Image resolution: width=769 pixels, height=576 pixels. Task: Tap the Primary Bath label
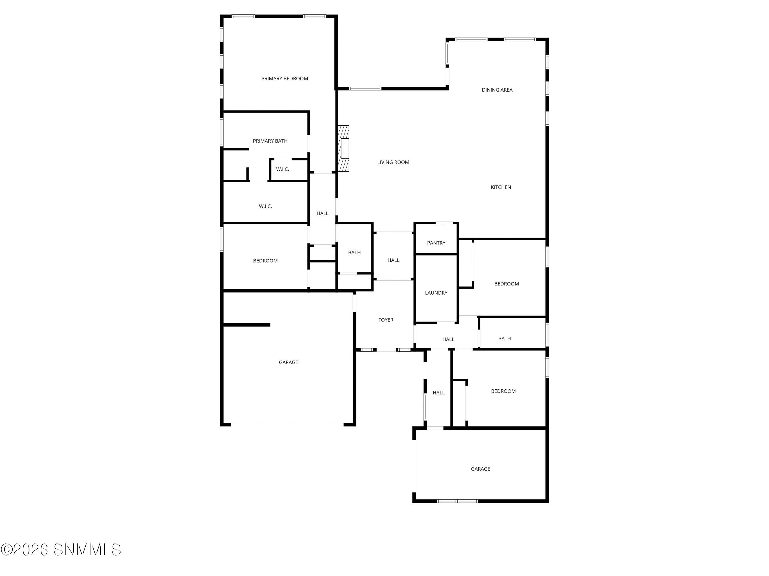270,141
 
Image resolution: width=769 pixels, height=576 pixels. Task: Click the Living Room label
393,162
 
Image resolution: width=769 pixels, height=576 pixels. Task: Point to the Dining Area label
497,90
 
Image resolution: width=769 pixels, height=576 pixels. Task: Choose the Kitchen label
501,187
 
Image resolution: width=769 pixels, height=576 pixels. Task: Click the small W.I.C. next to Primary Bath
283,169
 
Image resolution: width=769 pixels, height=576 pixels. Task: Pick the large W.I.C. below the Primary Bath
265,206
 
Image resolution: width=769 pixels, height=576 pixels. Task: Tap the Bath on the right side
504,338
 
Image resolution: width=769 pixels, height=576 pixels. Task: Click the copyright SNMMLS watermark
61,550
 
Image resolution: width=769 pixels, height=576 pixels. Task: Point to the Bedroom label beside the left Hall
265,261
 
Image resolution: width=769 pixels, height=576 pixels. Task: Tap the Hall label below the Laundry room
448,340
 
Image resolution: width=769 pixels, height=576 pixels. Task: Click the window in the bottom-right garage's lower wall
457,501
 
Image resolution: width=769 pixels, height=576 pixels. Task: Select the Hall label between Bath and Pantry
393,260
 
